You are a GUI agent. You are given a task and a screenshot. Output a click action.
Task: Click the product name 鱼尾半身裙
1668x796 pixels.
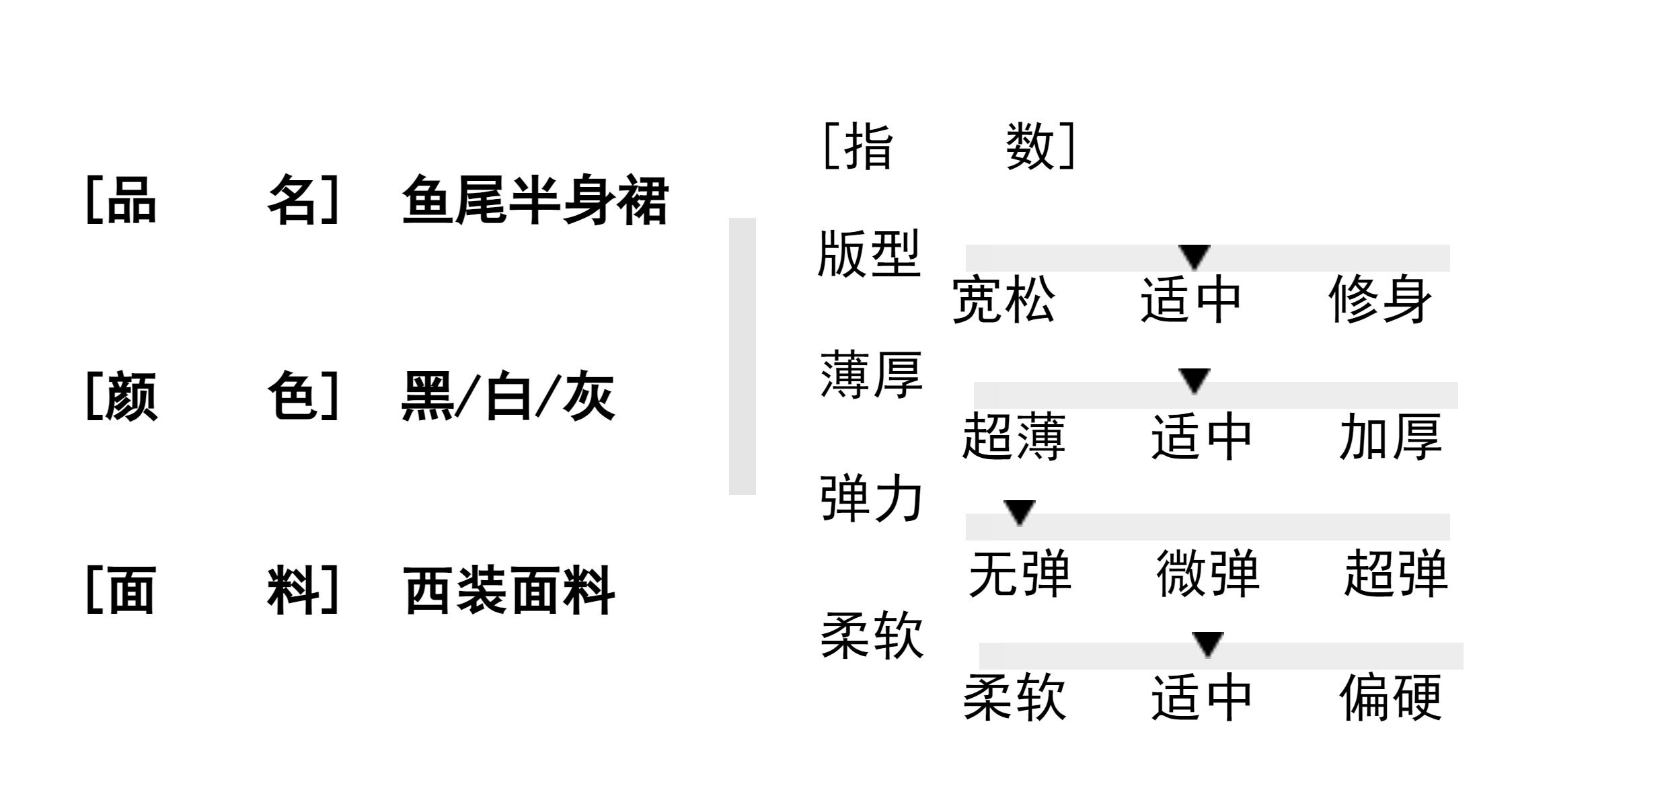[x=535, y=200]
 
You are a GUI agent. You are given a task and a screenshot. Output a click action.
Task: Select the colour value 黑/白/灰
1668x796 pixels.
[x=508, y=397]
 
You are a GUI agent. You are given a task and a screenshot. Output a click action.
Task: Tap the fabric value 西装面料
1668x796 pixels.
[x=509, y=591]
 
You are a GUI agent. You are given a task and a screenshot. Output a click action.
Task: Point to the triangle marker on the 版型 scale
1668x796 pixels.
[x=1195, y=256]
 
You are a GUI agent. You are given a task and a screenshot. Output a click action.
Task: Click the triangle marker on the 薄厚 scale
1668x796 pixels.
[x=1195, y=380]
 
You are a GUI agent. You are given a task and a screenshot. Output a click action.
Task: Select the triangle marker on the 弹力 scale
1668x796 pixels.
[x=1019, y=512]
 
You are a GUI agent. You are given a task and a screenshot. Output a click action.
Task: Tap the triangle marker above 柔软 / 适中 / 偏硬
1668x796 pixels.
[x=1207, y=643]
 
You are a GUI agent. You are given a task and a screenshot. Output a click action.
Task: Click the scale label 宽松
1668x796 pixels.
[x=1003, y=301]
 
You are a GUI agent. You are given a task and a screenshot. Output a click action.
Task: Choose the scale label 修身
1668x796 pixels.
[x=1380, y=301]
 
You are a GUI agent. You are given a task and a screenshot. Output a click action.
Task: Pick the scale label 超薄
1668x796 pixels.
[x=1014, y=438]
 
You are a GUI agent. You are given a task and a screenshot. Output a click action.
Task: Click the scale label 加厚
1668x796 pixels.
[x=1391, y=438]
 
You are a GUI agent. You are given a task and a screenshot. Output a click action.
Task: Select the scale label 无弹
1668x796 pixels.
[x=1020, y=575]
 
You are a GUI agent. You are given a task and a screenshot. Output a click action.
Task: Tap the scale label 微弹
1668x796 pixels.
[x=1208, y=575]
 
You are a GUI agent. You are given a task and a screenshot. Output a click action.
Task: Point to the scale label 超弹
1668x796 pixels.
[x=1396, y=575]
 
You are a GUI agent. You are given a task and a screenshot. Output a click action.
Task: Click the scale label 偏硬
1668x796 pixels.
[x=1391, y=699]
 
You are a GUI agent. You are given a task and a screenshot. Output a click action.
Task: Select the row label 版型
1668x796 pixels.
[x=868, y=255]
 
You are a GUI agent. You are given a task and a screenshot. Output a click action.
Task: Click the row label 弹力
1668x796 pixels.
[x=871, y=500]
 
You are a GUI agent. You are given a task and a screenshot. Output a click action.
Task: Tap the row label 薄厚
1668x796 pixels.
[x=871, y=376]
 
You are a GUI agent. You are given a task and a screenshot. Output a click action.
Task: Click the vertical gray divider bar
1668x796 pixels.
[x=742, y=356]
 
